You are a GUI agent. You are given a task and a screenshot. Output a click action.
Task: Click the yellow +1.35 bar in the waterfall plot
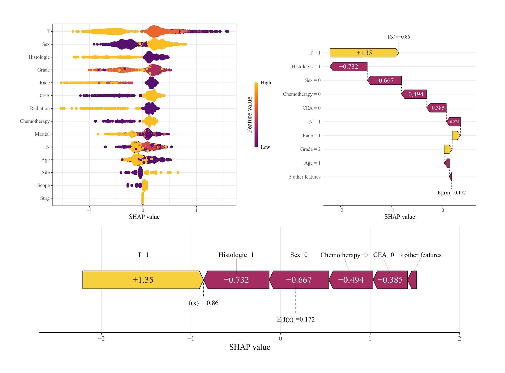[364, 53]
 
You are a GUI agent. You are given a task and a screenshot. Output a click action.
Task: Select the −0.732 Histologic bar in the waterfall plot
[348, 67]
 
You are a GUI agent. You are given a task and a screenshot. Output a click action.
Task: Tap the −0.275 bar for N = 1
[453, 122]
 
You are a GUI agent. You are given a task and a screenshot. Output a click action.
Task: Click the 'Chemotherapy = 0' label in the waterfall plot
[301, 94]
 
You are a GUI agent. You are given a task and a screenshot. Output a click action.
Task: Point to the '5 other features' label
[304, 177]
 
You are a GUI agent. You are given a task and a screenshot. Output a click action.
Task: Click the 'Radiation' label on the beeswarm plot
[40, 108]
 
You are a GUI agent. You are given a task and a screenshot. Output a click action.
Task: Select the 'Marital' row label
[42, 134]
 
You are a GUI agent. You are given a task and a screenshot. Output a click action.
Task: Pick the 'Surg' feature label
[45, 198]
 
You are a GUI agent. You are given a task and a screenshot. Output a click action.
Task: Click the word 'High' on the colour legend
[266, 83]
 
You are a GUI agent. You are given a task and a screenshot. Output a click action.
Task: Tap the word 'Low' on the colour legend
[265, 147]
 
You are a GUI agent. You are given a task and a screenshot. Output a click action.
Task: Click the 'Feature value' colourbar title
[249, 115]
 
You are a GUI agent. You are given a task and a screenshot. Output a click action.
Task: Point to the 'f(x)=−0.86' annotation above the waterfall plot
[399, 37]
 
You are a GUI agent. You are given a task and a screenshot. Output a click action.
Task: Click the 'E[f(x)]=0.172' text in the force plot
[296, 319]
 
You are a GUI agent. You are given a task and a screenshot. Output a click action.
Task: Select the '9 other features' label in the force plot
[420, 255]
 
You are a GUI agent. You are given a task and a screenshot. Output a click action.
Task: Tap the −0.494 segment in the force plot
[351, 280]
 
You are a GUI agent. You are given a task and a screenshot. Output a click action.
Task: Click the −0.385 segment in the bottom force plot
[390, 280]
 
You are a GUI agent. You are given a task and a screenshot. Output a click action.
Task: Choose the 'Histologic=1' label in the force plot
[236, 255]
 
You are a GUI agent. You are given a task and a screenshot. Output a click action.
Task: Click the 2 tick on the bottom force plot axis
[459, 339]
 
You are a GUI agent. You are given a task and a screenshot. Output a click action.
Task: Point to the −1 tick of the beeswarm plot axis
[89, 210]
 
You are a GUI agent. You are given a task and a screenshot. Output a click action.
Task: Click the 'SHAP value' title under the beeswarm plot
[144, 217]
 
